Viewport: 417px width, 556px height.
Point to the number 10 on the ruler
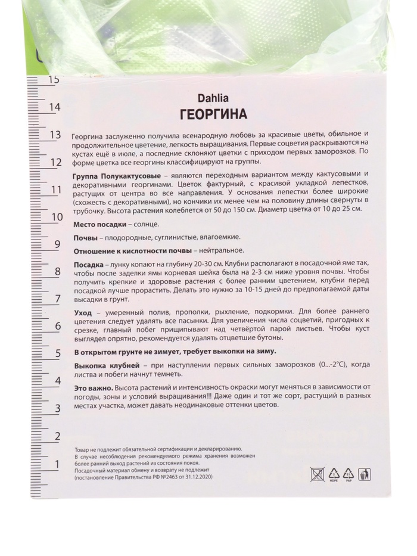tap(55, 216)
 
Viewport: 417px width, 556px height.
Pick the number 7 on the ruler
tap(58, 299)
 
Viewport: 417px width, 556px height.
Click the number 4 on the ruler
tap(58, 381)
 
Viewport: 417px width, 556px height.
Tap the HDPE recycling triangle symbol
tap(333, 475)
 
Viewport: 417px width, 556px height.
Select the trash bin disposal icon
tap(364, 474)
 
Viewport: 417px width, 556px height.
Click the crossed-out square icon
tap(318, 474)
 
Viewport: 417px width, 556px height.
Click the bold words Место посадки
tap(99, 224)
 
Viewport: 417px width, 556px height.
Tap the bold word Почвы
tap(86, 238)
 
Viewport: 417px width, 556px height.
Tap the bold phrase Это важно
tap(93, 387)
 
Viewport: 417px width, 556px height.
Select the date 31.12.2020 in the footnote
tap(197, 477)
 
